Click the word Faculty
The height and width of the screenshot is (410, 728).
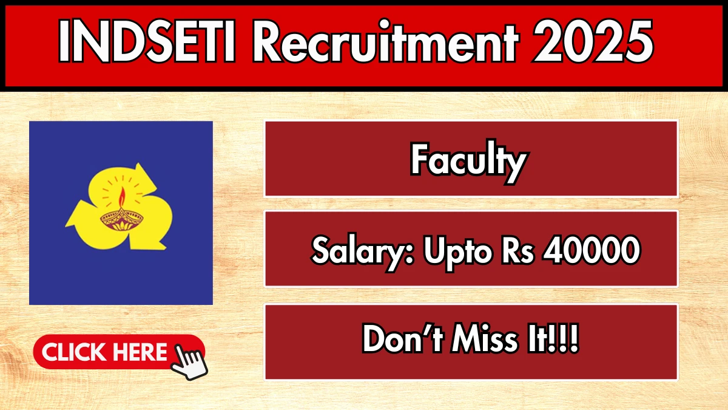468,162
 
